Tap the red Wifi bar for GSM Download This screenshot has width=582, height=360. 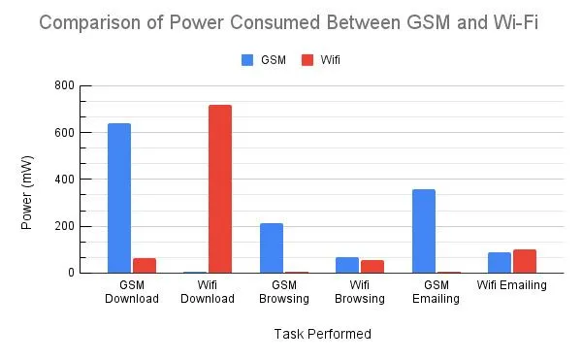(x=145, y=265)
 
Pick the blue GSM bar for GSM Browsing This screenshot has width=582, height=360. (x=272, y=247)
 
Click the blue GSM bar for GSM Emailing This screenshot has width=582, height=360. (x=424, y=231)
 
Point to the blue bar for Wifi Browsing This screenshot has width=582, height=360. (x=347, y=265)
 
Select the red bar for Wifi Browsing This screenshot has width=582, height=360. (x=372, y=266)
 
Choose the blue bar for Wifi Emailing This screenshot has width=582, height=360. (x=500, y=262)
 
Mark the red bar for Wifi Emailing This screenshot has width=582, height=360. (x=525, y=261)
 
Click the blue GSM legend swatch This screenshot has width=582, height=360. (x=246, y=60)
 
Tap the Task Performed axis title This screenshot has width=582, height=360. (x=321, y=334)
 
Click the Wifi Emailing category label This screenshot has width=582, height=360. (x=511, y=285)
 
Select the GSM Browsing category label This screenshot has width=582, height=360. (x=283, y=291)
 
